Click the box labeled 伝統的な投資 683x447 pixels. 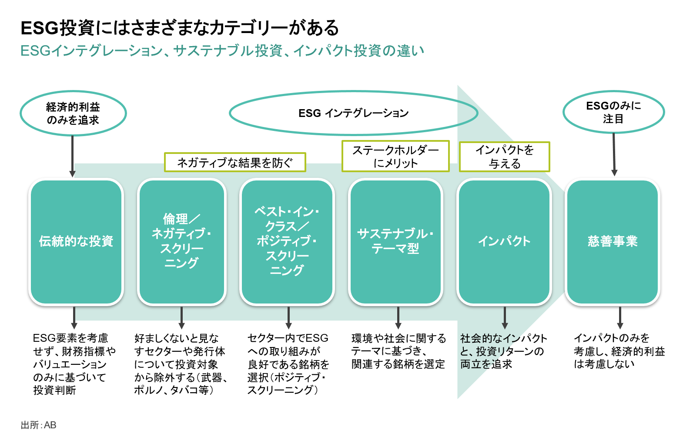coord(76,242)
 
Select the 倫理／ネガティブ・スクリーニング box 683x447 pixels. coord(182,242)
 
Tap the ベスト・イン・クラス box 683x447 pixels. coord(287,242)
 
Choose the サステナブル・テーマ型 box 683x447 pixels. coord(395,242)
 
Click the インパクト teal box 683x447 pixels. coord(504,242)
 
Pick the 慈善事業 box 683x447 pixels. coord(613,242)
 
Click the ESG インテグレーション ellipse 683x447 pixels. coord(353,113)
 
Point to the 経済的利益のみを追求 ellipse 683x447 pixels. coord(73,113)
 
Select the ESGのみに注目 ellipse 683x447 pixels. coord(613,112)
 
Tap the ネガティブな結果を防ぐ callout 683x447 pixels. coord(235,163)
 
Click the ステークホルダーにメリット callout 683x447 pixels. coord(395,157)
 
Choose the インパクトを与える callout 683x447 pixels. coord(505,157)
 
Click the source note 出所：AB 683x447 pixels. coord(38,425)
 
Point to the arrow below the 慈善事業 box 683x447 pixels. coord(620,318)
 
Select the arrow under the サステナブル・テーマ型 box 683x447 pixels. coord(398,318)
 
